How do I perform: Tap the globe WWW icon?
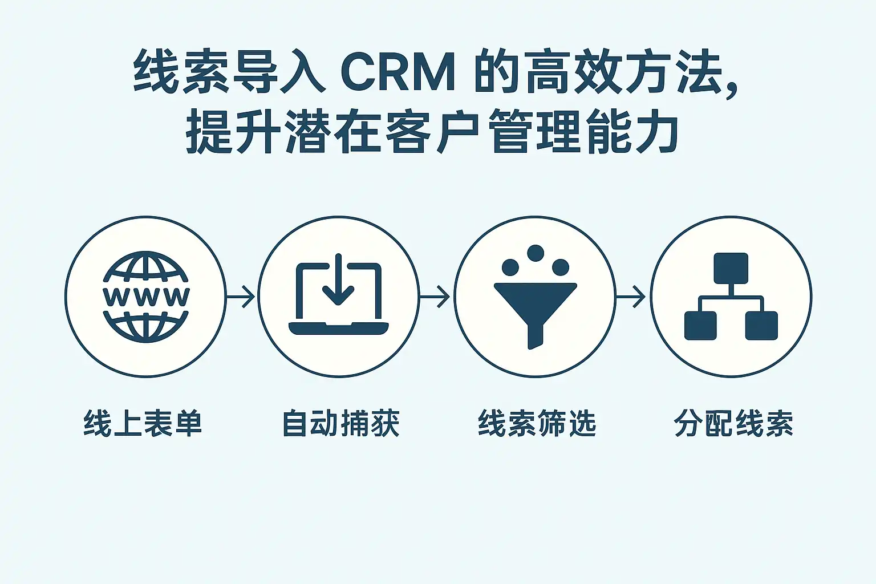(146, 297)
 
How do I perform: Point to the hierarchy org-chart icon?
(731, 297)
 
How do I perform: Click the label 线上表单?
(143, 424)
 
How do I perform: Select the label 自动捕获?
(341, 424)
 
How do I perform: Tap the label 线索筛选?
(537, 424)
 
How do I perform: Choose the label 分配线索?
(733, 424)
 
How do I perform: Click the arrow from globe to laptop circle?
(241, 297)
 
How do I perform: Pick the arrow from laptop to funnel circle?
(436, 297)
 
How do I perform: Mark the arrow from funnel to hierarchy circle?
(632, 297)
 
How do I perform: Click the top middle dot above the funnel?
(535, 253)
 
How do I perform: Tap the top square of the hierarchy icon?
(731, 268)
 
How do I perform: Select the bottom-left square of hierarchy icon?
(700, 326)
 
